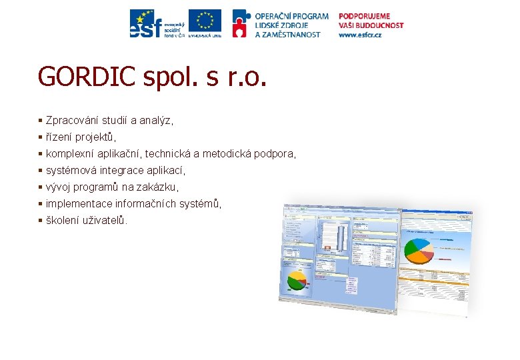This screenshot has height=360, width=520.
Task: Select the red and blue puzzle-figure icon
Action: (241, 23)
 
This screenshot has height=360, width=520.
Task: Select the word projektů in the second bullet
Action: (95, 137)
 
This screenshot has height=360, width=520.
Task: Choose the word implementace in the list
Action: (79, 204)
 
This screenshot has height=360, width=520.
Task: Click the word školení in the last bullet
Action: (63, 220)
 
